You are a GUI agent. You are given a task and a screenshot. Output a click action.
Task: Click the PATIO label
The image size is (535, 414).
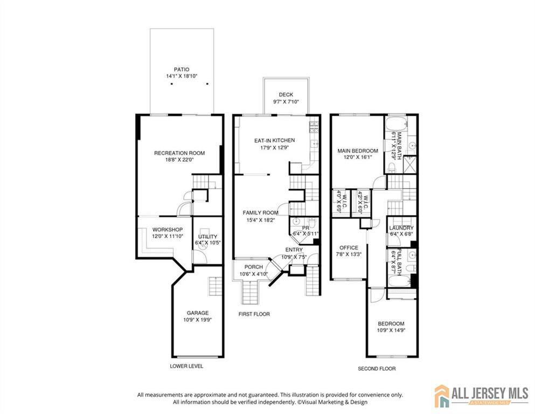click(x=182, y=70)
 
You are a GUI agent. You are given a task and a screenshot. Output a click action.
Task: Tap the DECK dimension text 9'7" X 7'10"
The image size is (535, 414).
click(x=286, y=102)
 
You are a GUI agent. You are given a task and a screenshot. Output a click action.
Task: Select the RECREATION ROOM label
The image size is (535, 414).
click(x=179, y=153)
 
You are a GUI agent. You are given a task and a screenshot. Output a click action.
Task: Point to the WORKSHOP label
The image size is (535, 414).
click(x=168, y=230)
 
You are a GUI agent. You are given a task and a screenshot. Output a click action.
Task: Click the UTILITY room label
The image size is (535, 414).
click(x=208, y=237)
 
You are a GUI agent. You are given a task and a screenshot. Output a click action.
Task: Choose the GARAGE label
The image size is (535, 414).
click(x=198, y=313)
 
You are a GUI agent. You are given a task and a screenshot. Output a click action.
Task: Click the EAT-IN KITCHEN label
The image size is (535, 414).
click(x=275, y=140)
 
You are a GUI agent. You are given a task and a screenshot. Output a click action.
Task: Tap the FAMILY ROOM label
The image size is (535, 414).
click(x=261, y=212)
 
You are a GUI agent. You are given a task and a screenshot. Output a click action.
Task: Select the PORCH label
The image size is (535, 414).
click(x=254, y=267)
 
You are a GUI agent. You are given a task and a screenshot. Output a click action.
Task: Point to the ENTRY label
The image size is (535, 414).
click(x=294, y=250)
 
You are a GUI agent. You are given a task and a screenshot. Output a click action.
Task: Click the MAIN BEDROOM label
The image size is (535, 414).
click(x=358, y=151)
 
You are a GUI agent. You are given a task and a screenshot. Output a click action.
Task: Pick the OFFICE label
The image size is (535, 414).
click(x=349, y=248)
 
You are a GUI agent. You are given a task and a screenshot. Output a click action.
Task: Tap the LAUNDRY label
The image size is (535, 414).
click(x=401, y=227)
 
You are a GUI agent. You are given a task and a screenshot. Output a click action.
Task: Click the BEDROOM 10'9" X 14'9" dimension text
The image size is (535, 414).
click(x=391, y=330)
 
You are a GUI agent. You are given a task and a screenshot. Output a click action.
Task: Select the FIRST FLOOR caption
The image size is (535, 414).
click(x=254, y=314)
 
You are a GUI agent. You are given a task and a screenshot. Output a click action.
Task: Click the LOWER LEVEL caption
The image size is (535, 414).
click(x=186, y=366)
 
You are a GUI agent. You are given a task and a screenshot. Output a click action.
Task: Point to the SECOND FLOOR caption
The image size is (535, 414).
click(x=377, y=369)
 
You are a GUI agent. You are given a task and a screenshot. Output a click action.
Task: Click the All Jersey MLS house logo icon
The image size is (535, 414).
click(x=442, y=396)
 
